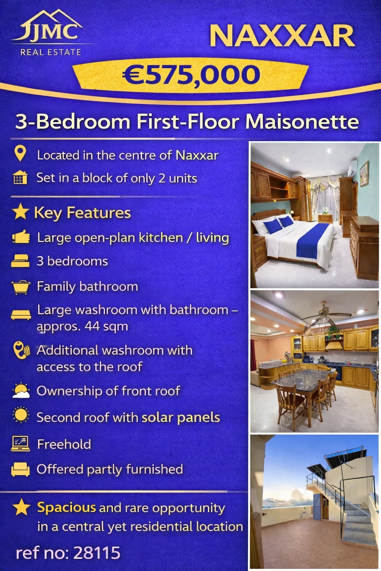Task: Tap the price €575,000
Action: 191,74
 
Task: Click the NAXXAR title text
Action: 282,36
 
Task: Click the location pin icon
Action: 20,153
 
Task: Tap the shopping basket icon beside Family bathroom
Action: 21,287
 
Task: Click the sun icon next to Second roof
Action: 21,415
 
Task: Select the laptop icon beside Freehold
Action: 20,444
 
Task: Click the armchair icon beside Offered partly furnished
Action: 20,469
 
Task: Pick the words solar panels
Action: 181,417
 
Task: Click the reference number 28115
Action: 97,553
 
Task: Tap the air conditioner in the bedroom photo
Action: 353,168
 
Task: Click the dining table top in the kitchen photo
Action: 301,377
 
